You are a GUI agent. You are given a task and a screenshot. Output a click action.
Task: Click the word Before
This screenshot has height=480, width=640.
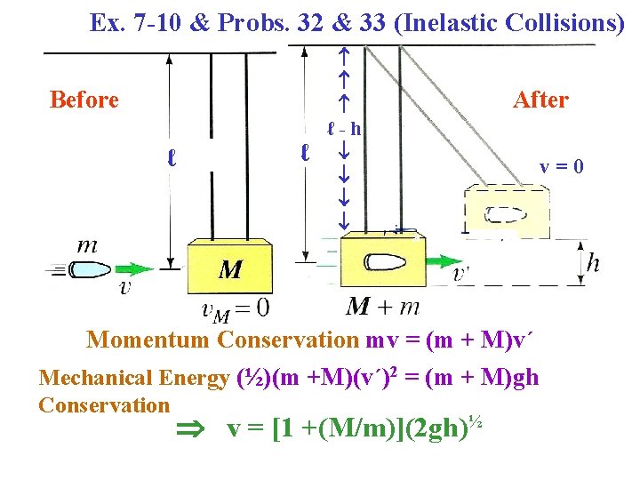pos(84,100)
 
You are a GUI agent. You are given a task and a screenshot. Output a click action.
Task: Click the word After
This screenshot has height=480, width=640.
pos(540,100)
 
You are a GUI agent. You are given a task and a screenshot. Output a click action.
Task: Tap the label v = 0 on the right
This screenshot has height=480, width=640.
pos(563,166)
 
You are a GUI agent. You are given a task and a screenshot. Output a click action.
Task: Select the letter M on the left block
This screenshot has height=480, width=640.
pos(230,269)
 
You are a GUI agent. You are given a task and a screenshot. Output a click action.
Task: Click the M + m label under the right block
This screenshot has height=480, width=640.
pos(383,308)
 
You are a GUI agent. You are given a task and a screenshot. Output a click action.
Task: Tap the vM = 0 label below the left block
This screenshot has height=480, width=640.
pos(236,308)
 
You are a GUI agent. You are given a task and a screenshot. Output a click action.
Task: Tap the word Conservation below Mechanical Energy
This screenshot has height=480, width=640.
pos(104,405)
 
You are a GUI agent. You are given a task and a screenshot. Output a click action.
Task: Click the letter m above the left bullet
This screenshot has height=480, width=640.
pos(88,245)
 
